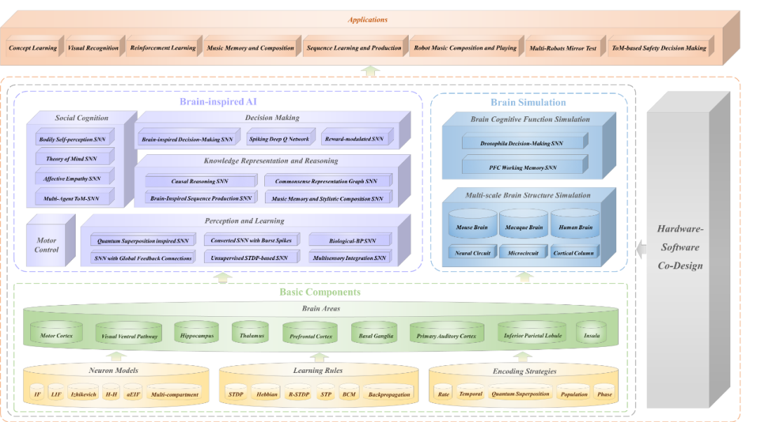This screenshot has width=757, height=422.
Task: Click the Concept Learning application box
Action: tap(32, 48)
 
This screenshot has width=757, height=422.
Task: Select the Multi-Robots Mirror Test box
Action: tap(563, 48)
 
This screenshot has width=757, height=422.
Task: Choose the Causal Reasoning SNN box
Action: tap(199, 182)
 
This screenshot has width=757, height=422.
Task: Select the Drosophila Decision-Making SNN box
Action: tap(522, 144)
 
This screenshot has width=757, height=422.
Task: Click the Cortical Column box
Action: tap(573, 253)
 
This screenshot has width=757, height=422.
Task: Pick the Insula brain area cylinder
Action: tap(592, 335)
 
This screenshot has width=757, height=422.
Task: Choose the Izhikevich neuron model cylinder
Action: tap(83, 394)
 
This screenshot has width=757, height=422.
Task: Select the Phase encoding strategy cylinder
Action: tap(603, 394)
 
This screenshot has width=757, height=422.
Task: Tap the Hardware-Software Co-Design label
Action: tap(679, 247)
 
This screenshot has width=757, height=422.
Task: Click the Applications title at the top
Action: tap(367, 20)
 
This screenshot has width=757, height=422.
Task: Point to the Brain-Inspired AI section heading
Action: tap(208, 102)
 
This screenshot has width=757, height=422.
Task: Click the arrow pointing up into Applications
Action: tap(371, 70)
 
